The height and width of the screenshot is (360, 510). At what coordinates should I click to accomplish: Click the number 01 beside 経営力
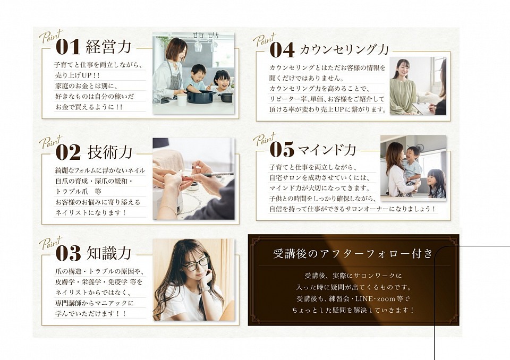pos(68,47)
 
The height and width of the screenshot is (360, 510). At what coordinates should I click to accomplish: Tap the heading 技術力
pos(110,152)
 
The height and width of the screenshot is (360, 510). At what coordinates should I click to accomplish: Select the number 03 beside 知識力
pos(68,253)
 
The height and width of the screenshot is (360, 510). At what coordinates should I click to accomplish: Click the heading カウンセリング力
pos(344,49)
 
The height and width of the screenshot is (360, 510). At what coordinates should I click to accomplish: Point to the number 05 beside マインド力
pos(282,149)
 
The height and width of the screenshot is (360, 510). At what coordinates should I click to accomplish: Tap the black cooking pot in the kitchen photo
pos(201,96)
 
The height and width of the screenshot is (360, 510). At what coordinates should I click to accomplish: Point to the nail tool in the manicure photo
pos(209,175)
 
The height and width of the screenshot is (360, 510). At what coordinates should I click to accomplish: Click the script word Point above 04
pos(265,40)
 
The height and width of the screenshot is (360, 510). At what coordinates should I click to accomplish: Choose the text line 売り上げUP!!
pos(78,75)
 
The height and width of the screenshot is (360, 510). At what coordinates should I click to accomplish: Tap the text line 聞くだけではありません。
pos(307,78)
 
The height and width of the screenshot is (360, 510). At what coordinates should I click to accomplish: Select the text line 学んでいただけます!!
pos(90,314)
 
